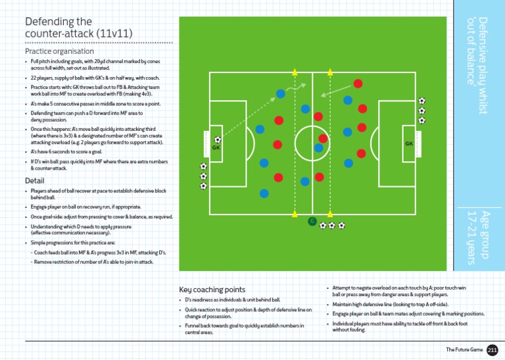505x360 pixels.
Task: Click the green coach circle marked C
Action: click(x=312, y=221)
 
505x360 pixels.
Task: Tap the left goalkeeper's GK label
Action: click(x=215, y=148)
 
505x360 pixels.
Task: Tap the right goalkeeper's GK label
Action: click(x=409, y=143)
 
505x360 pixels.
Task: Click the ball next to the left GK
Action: click(x=218, y=140)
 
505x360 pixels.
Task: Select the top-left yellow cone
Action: click(x=295, y=72)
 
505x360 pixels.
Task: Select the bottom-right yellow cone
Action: click(x=330, y=215)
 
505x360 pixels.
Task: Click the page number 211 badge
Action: click(x=493, y=350)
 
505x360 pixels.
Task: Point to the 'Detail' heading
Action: click(x=34, y=180)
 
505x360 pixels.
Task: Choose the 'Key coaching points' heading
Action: click(x=212, y=289)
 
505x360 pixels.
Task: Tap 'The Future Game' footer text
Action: click(x=464, y=350)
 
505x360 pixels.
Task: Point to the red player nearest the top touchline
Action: click(x=358, y=84)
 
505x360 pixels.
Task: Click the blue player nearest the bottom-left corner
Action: click(x=264, y=193)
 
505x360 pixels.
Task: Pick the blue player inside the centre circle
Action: click(x=318, y=148)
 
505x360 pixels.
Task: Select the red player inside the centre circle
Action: click(x=323, y=138)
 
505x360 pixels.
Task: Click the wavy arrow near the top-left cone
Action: click(x=300, y=86)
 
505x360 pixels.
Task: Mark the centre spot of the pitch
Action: click(x=312, y=143)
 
